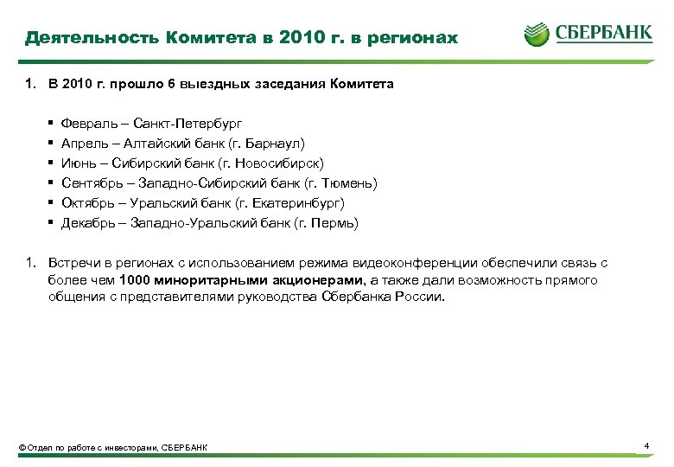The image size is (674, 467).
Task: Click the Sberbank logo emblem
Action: [x=537, y=34]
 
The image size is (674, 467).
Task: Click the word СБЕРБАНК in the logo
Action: [x=604, y=34]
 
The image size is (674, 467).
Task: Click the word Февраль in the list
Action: [x=86, y=124]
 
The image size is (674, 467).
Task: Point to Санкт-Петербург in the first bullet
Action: [x=188, y=124]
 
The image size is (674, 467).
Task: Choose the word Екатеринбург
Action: [x=302, y=203]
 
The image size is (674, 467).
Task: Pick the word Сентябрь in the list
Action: [x=89, y=183]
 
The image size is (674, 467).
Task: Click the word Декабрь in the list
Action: [x=87, y=223]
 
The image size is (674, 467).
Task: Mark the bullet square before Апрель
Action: [x=52, y=144]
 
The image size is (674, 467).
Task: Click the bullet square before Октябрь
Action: [x=52, y=203]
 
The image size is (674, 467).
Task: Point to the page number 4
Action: [x=646, y=445]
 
